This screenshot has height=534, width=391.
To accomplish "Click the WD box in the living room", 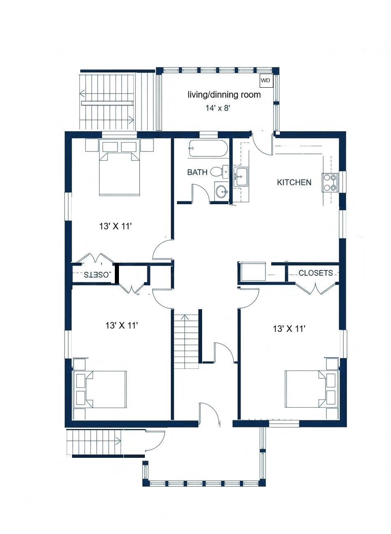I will tap(266, 81).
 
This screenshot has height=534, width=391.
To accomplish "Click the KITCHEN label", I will tap(294, 182).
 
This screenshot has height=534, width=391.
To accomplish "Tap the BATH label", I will tap(197, 173).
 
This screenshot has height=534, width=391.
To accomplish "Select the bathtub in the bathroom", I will tap(208, 149).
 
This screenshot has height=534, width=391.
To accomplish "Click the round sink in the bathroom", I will tap(222, 191).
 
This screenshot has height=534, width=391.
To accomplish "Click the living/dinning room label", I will tap(224, 95).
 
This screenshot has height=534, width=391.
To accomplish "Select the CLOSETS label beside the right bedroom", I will tap(315, 273).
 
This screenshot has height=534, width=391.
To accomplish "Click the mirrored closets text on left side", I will tap(97, 275).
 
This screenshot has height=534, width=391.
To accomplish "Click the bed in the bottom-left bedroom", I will tap(105, 389).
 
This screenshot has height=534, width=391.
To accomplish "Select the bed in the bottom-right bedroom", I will tap(307, 389).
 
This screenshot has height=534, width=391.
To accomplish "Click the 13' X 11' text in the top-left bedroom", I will tap(115, 226).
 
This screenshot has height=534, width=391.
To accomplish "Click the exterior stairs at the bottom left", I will tap(94, 441).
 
